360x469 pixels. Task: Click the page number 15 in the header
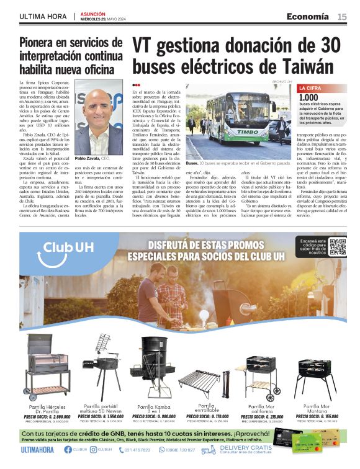pos(342,16)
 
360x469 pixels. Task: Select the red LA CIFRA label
pos(311,88)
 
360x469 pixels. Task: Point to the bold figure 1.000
pos(308,97)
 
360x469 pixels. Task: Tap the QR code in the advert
pos(337,247)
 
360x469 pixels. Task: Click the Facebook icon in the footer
pos(68,450)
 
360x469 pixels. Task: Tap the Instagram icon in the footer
pos(94,450)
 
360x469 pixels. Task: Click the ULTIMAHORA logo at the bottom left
pos(38,450)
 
